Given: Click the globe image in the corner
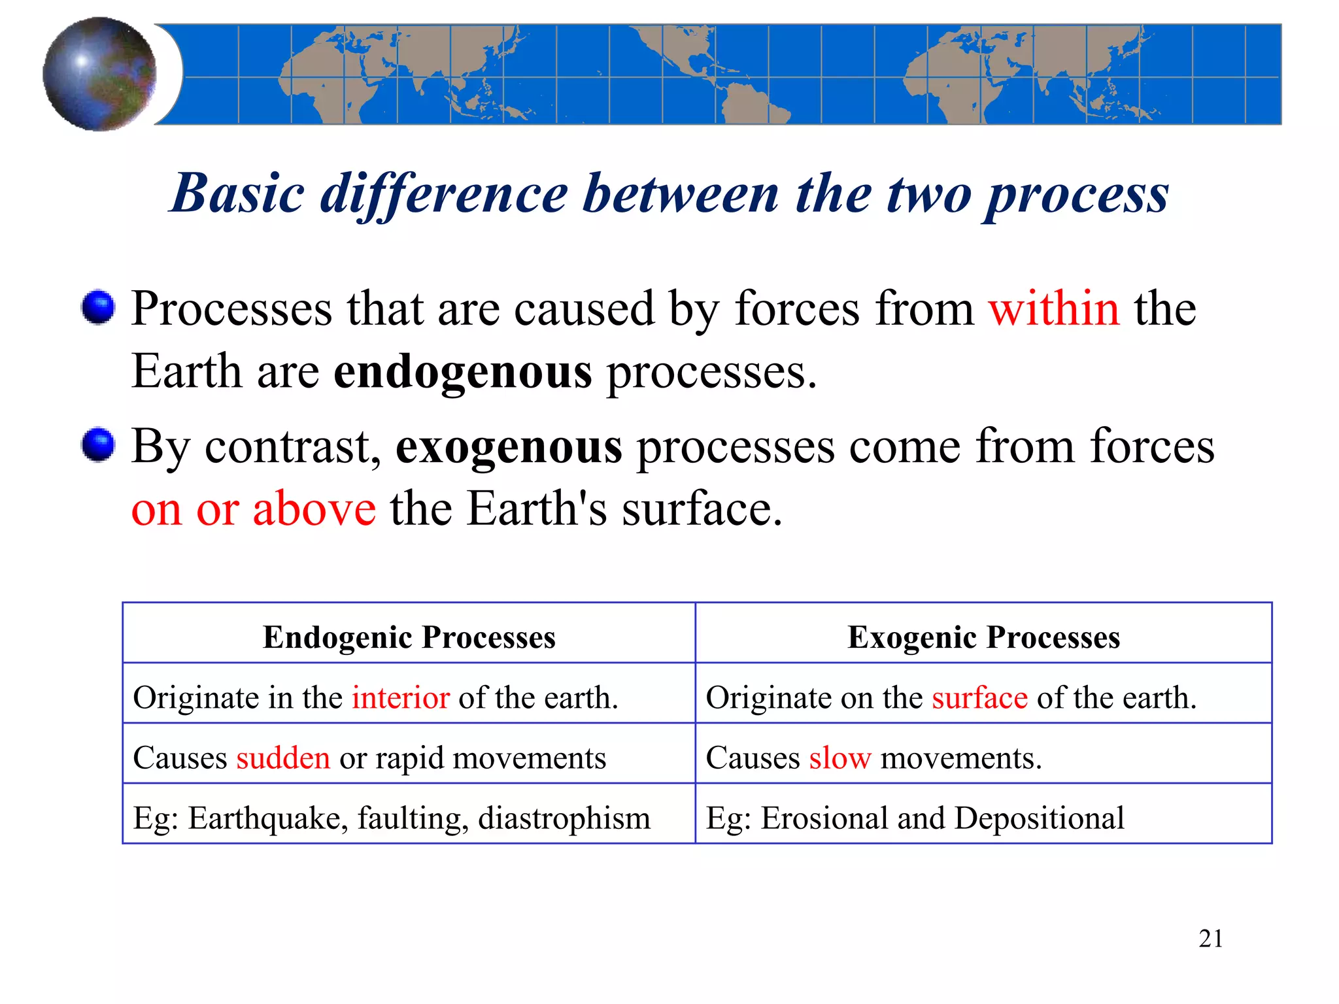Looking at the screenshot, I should pos(99,74).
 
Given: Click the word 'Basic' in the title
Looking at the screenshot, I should pos(238,193).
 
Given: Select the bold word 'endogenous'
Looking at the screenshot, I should pos(463,372).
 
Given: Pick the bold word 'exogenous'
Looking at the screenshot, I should pos(509,446).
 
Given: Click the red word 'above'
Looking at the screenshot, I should pos(314,509).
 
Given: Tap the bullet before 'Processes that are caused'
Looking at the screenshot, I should pos(99,307).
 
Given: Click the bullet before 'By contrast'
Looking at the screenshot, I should pos(99,445).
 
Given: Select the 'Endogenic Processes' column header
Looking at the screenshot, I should pos(409,637).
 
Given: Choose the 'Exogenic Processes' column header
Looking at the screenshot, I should pos(983,637).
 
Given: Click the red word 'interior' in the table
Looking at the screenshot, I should pos(400,697).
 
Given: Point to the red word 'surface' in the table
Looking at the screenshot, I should pos(979,697).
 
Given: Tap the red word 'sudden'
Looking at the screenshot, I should pos(283,758).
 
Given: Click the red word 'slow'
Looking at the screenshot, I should pos(839,758).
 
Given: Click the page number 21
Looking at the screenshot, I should pos(1210,939).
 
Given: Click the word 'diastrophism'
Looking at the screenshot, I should pos(564,818).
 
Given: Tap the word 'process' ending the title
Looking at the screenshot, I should pos(1076,195).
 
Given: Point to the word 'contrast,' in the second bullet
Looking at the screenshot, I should pos(293,446).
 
